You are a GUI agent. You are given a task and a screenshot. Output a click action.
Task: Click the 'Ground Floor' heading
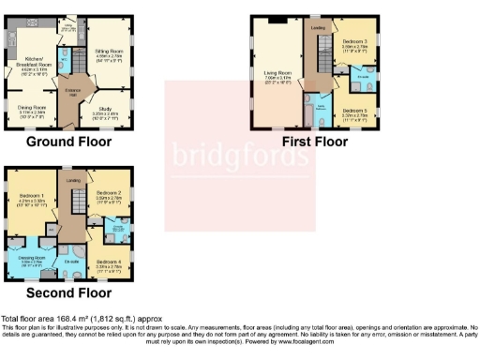(68, 142)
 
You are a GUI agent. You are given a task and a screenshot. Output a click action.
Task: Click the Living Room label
(275, 80)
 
